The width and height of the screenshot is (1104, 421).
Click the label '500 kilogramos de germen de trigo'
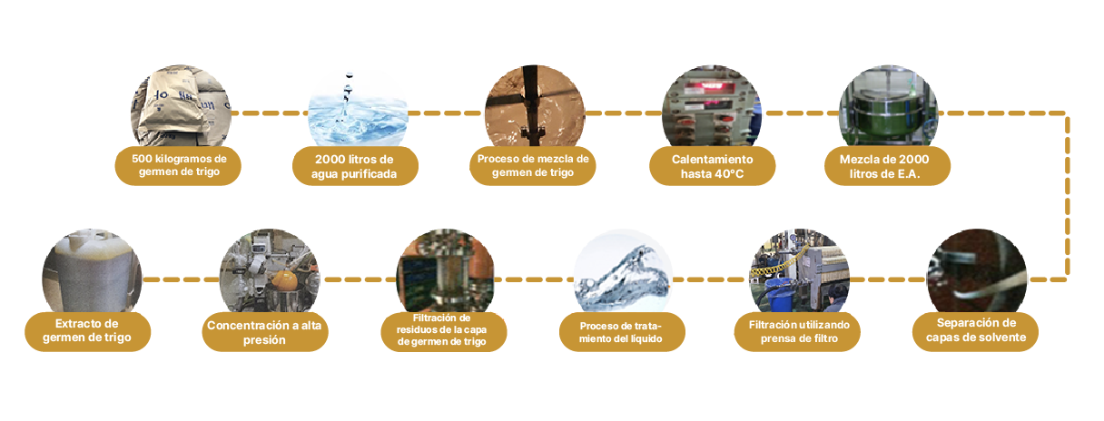pyautogui.click(x=178, y=165)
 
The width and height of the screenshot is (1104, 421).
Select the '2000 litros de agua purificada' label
pyautogui.click(x=355, y=166)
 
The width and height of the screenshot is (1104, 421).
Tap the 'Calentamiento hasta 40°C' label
pyautogui.click(x=712, y=166)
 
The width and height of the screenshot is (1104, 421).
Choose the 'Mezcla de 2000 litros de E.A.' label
pyautogui.click(x=887, y=166)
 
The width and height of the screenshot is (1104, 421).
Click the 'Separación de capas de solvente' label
pyautogui.click(x=975, y=331)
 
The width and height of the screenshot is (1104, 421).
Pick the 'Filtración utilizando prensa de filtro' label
pyautogui.click(x=797, y=331)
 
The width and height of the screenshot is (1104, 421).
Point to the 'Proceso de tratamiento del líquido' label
pyautogui.click(x=622, y=331)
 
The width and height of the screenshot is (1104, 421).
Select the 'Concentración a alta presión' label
pyautogui.click(x=265, y=331)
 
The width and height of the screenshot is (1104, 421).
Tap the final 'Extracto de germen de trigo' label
pyautogui.click(x=88, y=331)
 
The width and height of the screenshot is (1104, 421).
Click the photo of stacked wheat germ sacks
pyautogui.click(x=181, y=106)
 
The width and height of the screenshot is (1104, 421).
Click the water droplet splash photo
pyautogui.click(x=358, y=107)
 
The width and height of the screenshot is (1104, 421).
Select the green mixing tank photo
pyautogui.click(x=888, y=106)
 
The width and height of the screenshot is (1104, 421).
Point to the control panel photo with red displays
pyautogui.click(x=712, y=106)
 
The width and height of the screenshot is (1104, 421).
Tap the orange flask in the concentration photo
pyautogui.click(x=284, y=280)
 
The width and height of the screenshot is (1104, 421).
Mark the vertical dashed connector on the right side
pyautogui.click(x=1067, y=196)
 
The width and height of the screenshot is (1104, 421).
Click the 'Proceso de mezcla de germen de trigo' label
pyautogui.click(x=533, y=165)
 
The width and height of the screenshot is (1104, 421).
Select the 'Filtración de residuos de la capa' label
pyautogui.click(x=441, y=324)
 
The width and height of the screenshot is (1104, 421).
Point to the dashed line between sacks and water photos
pyautogui.click(x=270, y=113)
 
